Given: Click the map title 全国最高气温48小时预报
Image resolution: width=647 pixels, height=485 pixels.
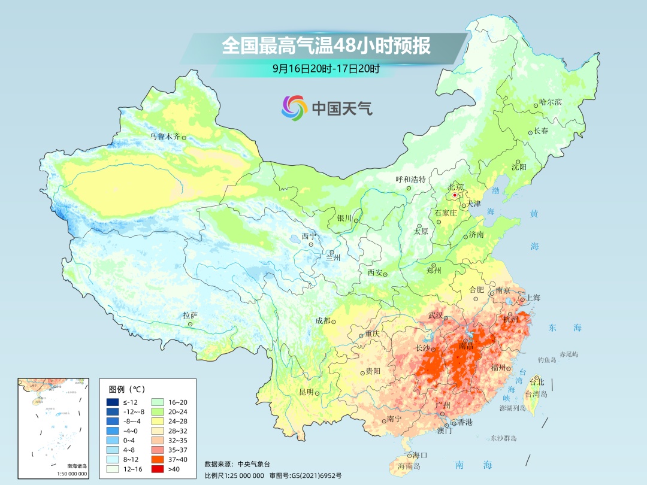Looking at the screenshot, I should pyautogui.click(x=326, y=46).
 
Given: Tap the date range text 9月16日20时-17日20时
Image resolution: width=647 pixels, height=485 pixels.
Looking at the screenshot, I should pyautogui.click(x=326, y=68).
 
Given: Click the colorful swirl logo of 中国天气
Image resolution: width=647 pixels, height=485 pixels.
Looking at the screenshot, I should pyautogui.click(x=294, y=108).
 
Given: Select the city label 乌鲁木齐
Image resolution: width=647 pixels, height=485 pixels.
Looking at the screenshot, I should pyautogui.click(x=164, y=137).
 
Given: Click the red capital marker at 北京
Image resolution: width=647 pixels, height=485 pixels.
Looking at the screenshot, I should pyautogui.click(x=455, y=195).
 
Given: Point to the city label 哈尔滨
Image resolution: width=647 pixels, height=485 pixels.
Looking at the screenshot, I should pyautogui.click(x=551, y=102).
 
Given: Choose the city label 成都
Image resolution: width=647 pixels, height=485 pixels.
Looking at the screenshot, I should pyautogui.click(x=323, y=320).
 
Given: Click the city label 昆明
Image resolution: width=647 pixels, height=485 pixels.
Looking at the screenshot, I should pyautogui.click(x=306, y=392).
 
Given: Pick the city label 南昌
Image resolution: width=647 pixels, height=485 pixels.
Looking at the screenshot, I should pyautogui.click(x=465, y=346).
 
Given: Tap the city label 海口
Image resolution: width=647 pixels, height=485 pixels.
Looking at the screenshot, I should pyautogui.click(x=421, y=456).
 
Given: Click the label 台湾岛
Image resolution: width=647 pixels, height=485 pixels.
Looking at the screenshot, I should pyautogui.click(x=536, y=394).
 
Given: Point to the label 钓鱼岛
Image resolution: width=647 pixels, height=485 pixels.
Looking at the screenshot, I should pyautogui.click(x=548, y=359).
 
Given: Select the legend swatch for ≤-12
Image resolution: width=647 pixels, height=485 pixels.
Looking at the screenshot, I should pyautogui.click(x=112, y=402).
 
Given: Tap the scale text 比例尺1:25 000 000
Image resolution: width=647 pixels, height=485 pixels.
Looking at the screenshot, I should pyautogui.click(x=234, y=475).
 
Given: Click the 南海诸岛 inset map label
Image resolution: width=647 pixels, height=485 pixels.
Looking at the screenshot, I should pyautogui.click(x=76, y=465).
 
